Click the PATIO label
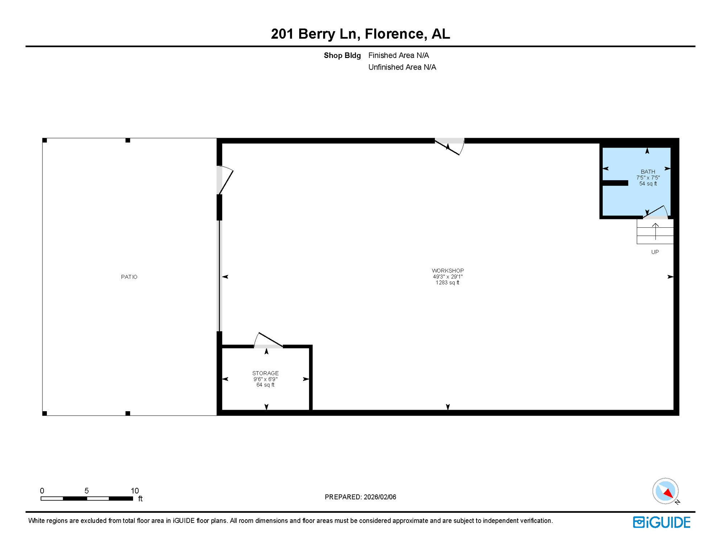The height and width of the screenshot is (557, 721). (x=129, y=277)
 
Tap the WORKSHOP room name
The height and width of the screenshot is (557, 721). (x=448, y=271)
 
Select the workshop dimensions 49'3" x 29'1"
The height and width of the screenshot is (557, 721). (x=448, y=277)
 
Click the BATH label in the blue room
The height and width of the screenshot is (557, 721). (x=648, y=172)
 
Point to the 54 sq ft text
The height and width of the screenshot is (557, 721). (x=648, y=184)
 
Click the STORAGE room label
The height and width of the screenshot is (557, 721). (x=265, y=373)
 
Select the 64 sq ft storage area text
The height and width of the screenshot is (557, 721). (x=265, y=385)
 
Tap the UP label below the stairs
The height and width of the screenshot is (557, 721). (x=655, y=252)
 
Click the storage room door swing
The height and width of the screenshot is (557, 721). (x=268, y=341)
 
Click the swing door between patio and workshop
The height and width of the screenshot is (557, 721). (x=224, y=180)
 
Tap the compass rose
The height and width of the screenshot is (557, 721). (x=665, y=491)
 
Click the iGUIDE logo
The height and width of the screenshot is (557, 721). (x=662, y=522)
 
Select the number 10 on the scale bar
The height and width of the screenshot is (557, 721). (x=135, y=491)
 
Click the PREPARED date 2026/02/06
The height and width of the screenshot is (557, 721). (x=360, y=497)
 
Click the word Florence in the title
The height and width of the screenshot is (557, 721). (x=394, y=34)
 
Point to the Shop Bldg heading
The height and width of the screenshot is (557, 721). (x=342, y=55)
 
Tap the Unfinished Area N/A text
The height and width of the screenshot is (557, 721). (x=402, y=67)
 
